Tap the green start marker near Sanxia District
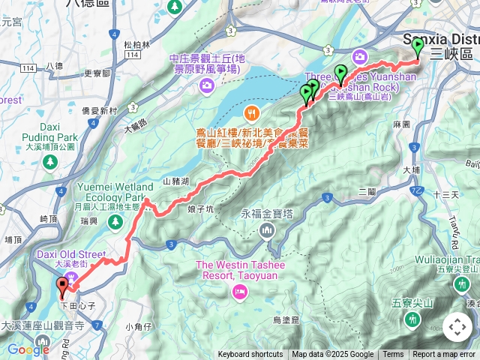[x=418, y=46]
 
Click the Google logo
[x=28, y=349]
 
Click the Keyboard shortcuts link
[x=250, y=355]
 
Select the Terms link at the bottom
[x=393, y=355]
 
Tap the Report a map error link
[x=445, y=355]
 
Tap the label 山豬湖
[x=177, y=181]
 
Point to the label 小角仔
[x=139, y=325]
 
